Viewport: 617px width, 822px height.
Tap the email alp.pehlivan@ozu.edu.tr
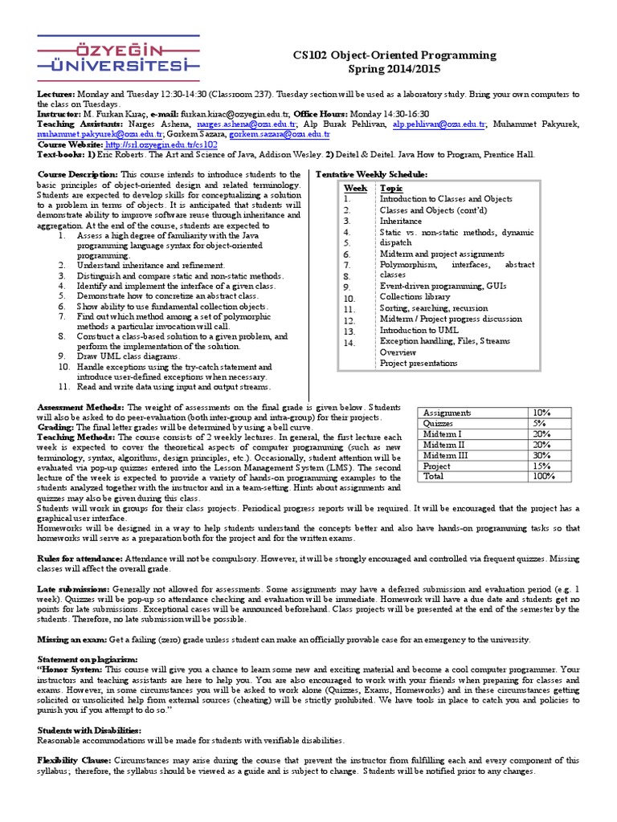439,124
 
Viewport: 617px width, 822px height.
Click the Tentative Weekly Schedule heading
372,174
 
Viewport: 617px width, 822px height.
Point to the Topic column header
391,188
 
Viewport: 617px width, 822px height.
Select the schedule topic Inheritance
400,221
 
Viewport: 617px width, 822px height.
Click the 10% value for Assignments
541,413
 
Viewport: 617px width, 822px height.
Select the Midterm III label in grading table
446,454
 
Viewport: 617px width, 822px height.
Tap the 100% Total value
543,475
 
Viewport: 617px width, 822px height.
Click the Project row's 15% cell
541,465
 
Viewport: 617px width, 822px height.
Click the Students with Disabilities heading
89,730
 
